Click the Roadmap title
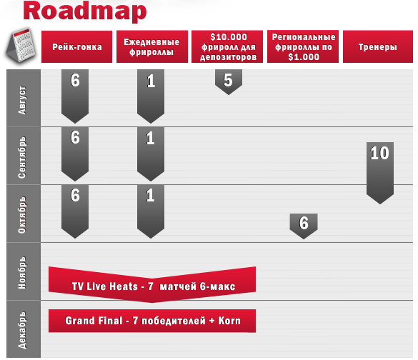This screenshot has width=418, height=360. [85, 11]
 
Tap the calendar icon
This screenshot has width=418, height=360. [21, 45]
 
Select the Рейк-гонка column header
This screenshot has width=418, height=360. [76, 47]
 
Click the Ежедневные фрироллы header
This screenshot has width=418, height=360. [152, 47]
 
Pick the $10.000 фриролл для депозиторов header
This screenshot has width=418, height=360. [227, 47]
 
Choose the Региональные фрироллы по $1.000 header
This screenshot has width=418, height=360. [303, 47]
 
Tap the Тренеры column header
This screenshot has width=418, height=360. [378, 47]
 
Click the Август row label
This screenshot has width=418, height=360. [22, 100]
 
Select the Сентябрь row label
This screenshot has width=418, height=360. [22, 157]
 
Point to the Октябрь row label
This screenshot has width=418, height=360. [22, 215]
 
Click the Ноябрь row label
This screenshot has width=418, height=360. [22, 273]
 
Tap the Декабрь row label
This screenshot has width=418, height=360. [22, 330]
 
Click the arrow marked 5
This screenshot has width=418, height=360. [229, 82]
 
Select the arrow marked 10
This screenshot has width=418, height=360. [380, 173]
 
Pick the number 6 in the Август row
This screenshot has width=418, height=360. [75, 80]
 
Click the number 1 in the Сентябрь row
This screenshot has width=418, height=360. [151, 138]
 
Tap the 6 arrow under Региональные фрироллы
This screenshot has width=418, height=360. [304, 226]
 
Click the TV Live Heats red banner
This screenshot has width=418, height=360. [152, 284]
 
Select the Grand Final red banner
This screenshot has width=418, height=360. [152, 321]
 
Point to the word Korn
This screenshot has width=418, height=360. [229, 321]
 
